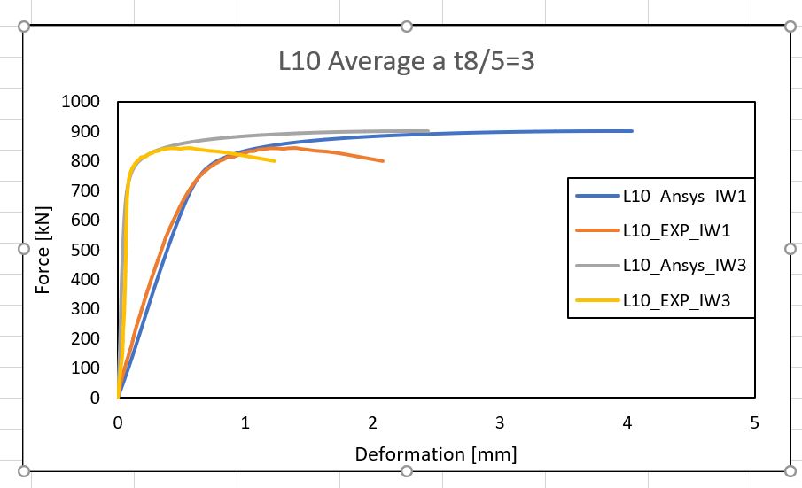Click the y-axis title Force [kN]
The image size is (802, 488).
pyautogui.click(x=43, y=251)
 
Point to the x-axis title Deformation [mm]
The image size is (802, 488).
pyautogui.click(x=435, y=454)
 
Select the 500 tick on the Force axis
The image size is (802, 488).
pyautogui.click(x=90, y=250)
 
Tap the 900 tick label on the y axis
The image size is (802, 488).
pyautogui.click(x=90, y=131)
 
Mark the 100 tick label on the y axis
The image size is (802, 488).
pyautogui.click(x=90, y=368)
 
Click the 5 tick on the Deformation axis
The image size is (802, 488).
pyautogui.click(x=754, y=423)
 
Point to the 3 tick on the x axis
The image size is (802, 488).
pyautogui.click(x=500, y=423)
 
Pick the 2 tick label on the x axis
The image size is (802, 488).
pyautogui.click(x=372, y=423)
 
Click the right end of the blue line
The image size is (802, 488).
pyautogui.click(x=632, y=131)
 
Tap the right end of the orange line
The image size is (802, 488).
pyautogui.click(x=383, y=161)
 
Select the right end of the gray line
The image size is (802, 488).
pyautogui.click(x=428, y=131)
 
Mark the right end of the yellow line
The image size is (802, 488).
pyautogui.click(x=275, y=161)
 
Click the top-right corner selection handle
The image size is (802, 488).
pyautogui.click(x=790, y=27)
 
